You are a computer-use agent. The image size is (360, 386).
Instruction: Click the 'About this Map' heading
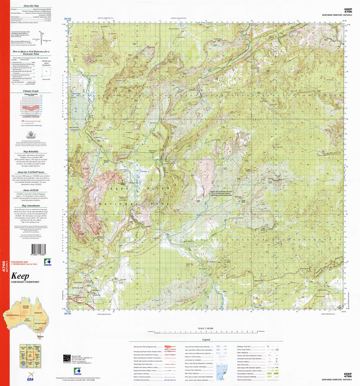tap(31, 6)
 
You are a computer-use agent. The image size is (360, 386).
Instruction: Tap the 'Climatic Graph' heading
tap(31, 91)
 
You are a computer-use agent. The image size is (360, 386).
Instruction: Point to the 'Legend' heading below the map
tap(206, 340)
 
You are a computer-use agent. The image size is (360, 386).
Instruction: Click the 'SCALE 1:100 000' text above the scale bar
tap(206, 328)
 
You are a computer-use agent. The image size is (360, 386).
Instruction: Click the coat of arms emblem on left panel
tap(31, 134)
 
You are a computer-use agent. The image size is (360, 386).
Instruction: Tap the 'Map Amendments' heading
tap(31, 205)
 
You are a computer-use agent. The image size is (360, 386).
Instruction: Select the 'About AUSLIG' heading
tap(31, 190)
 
